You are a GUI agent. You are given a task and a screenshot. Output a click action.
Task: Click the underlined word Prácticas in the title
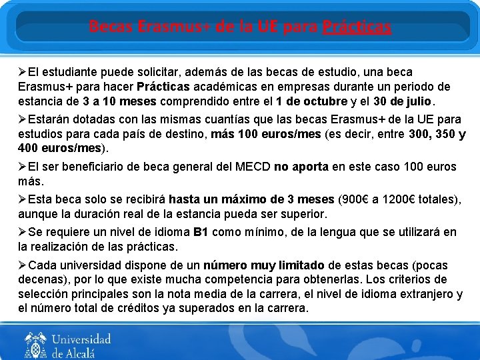point(357,27)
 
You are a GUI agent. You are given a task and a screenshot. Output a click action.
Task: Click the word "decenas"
point(39,279)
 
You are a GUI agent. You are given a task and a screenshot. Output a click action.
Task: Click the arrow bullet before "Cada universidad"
point(23,265)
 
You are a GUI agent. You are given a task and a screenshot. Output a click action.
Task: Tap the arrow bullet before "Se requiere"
point(23,233)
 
